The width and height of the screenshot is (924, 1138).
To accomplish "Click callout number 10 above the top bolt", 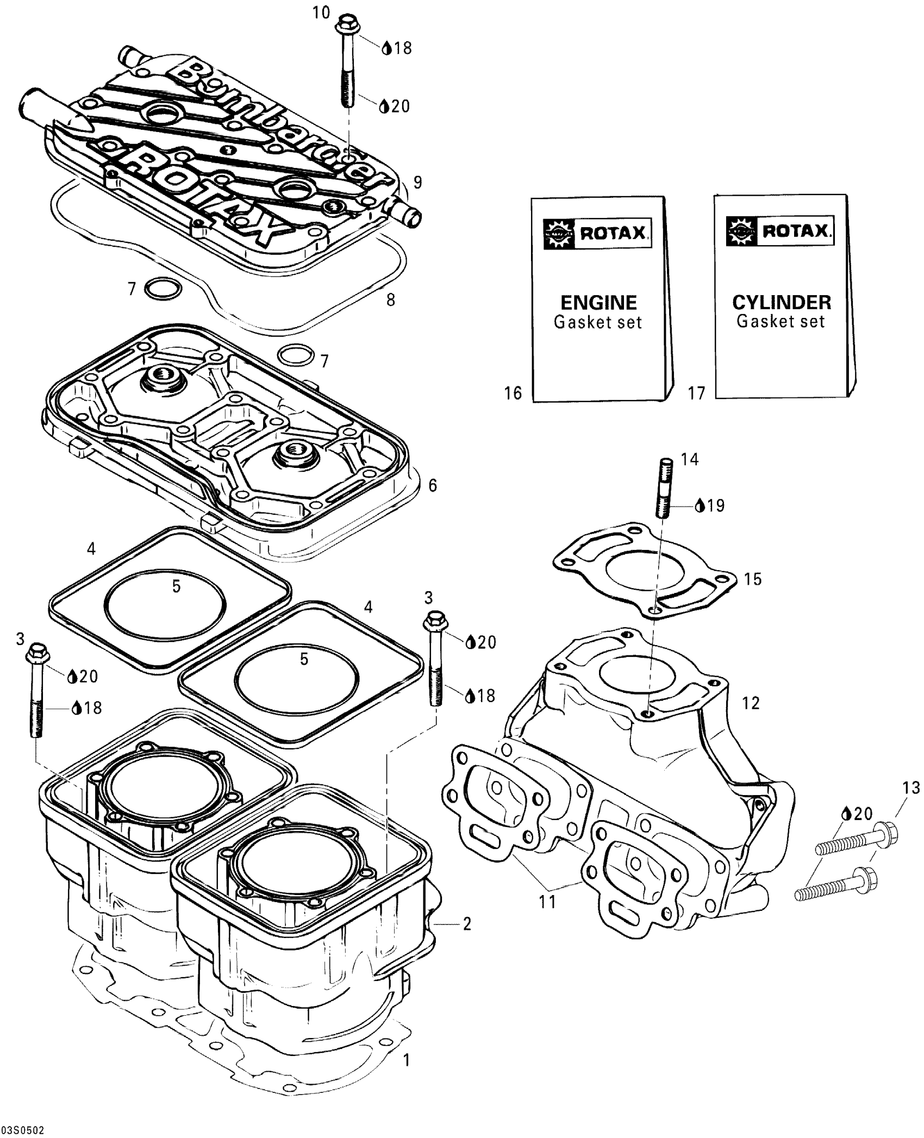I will pos(322,12).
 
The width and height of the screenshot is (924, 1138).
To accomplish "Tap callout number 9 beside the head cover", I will pos(417,183).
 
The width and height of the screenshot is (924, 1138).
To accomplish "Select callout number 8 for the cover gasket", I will pos(390,299).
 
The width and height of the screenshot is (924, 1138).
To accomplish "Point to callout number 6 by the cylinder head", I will pos(433,485).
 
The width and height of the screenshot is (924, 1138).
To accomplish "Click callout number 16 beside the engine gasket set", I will pos(513,392).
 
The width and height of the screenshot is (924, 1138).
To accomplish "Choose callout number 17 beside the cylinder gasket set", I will pos(696,392).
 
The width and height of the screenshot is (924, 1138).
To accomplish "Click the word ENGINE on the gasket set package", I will pos(598,302).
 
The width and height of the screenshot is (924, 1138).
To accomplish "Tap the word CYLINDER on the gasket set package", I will pos(782,302).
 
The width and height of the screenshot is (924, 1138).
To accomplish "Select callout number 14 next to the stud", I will pos(690,460).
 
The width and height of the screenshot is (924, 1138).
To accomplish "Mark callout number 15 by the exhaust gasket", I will pos(753,579).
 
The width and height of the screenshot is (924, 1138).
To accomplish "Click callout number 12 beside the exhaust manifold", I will pos(751,704).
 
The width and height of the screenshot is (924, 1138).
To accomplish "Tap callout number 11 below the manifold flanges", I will pos(547,902).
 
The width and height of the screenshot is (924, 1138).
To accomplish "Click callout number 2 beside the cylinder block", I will pos(467,924).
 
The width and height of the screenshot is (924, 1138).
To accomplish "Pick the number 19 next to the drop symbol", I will pos(716,506).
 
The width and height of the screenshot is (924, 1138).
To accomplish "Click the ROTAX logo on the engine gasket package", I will pos(598,233).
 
